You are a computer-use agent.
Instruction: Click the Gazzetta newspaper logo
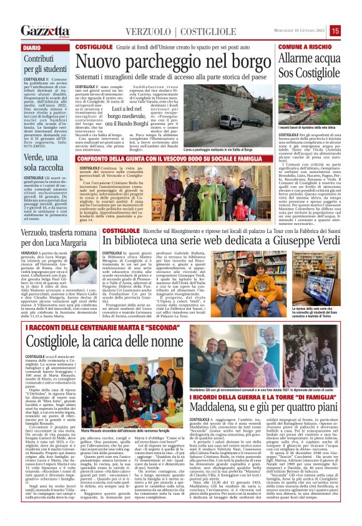46,31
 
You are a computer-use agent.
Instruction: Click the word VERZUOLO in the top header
148,31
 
